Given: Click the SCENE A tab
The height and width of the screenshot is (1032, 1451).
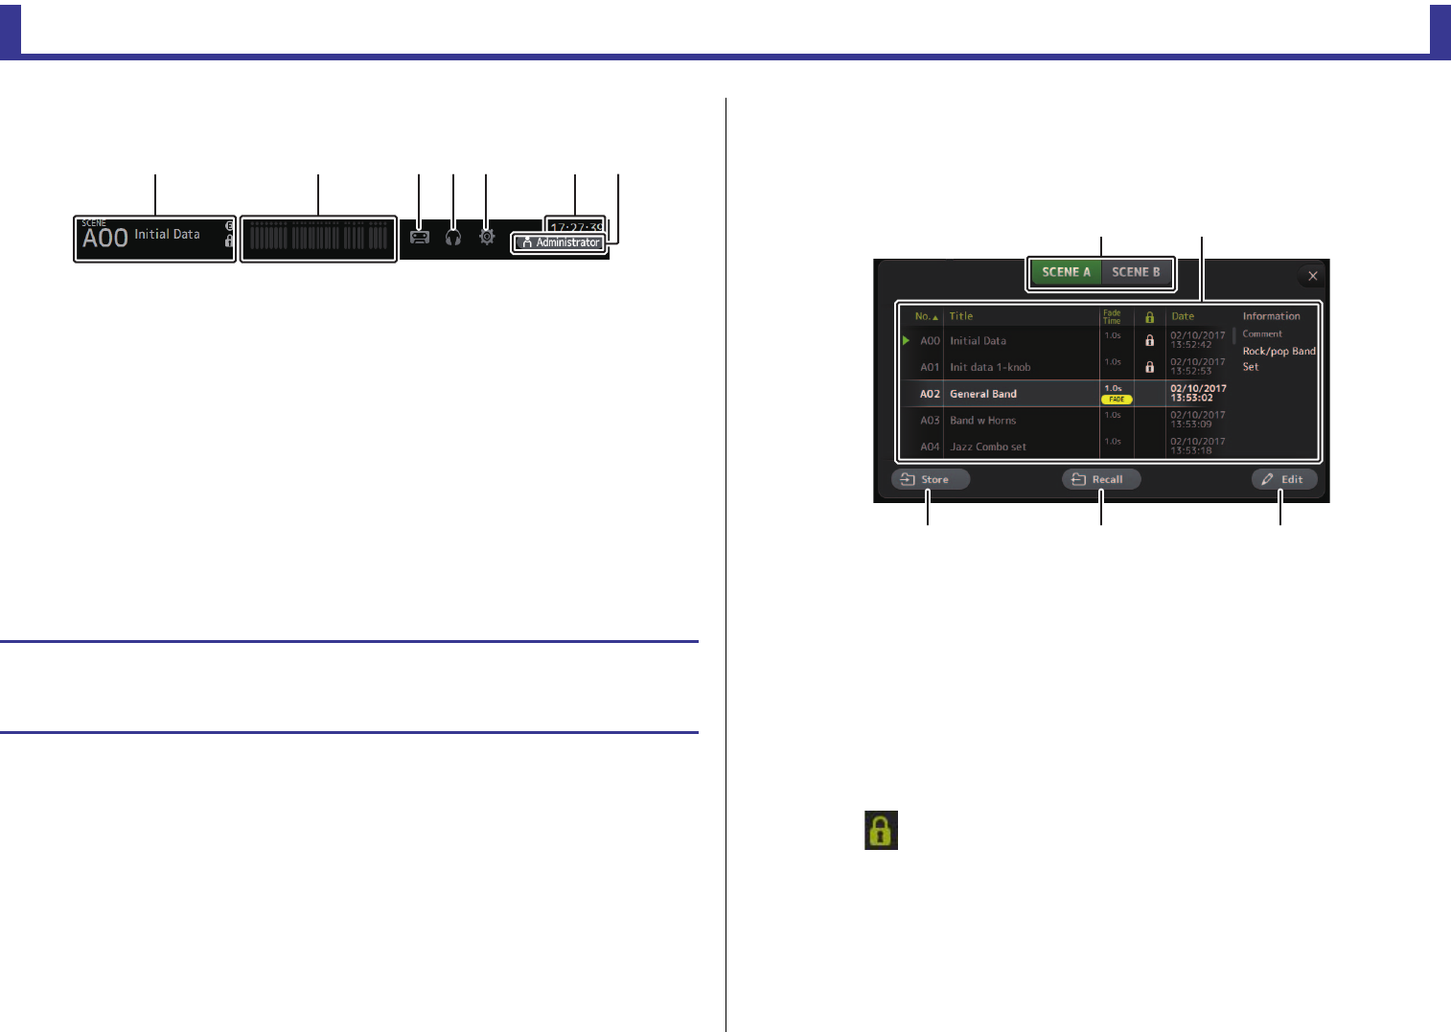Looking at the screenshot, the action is (1066, 272).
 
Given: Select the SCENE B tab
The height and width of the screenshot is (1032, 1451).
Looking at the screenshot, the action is (1136, 272).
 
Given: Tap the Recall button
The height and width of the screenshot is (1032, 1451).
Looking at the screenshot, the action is (1101, 479).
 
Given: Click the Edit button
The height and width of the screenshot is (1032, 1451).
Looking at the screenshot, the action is (1283, 479).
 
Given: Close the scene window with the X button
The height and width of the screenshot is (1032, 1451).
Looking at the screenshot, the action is (1313, 276).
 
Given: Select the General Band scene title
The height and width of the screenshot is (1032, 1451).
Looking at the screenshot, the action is (983, 394).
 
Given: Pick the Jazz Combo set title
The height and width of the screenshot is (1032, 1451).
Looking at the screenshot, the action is (987, 447).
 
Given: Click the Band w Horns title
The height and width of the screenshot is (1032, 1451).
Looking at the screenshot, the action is (982, 421).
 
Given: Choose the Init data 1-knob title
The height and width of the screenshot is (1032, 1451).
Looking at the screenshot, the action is (990, 367).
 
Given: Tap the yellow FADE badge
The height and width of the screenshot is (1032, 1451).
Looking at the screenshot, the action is (1117, 400).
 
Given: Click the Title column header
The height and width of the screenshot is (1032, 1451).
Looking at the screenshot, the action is (961, 316).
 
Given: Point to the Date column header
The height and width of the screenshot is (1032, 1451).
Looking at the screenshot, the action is (1183, 316).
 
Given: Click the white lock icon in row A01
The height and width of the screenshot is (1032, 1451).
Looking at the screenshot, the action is (1150, 367).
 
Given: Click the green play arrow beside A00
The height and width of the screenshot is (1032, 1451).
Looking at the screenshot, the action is (906, 340).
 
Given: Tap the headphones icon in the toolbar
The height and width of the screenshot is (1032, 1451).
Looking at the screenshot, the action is (453, 237).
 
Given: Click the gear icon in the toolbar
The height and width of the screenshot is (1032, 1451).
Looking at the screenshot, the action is (487, 237).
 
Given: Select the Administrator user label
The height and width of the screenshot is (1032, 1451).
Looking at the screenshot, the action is (560, 242).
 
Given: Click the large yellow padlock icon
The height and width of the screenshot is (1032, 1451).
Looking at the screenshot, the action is (881, 831).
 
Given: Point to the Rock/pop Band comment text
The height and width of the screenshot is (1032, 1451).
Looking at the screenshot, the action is (1278, 352).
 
